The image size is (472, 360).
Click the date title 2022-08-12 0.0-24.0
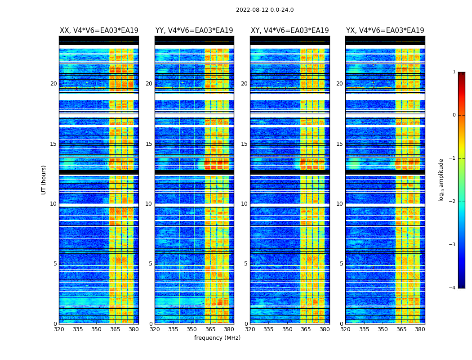(265, 10)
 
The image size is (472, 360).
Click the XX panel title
(99, 31)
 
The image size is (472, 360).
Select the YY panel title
(194, 31)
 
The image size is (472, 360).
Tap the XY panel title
(289, 31)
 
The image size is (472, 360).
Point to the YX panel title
(385, 31)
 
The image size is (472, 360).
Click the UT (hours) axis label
(44, 180)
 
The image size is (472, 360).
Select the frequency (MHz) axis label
(217, 338)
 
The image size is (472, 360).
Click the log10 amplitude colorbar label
(441, 180)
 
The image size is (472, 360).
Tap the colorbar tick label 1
(454, 72)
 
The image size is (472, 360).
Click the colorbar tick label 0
(454, 115)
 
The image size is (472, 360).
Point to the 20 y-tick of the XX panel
(53, 84)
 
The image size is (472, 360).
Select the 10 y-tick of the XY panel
(244, 204)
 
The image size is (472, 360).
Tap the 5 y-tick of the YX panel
(341, 264)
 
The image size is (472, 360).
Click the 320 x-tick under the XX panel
(59, 329)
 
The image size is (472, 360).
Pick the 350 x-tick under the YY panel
(192, 329)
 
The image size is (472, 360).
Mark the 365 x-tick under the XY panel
(306, 329)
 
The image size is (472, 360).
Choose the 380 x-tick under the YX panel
(420, 329)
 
